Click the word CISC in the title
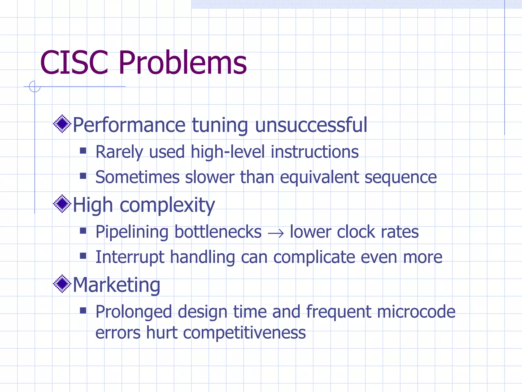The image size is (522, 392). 74,63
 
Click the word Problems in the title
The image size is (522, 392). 182,63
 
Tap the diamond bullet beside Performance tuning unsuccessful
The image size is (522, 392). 62,124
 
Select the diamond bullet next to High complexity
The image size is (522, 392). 62,204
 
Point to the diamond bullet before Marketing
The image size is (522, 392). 62,284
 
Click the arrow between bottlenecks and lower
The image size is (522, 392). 276,233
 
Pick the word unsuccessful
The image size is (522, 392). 311,125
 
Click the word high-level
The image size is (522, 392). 228,152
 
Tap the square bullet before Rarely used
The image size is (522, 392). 83,151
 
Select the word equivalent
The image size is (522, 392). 320,177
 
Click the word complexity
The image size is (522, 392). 167,205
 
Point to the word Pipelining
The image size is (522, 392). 132,232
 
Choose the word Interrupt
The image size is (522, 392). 130,257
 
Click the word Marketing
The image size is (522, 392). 116,285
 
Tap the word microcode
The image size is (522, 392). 416,312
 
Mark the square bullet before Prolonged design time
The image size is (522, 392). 83,310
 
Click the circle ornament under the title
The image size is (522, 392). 35,87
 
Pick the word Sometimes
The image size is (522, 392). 137,177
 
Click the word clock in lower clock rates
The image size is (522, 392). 356,232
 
